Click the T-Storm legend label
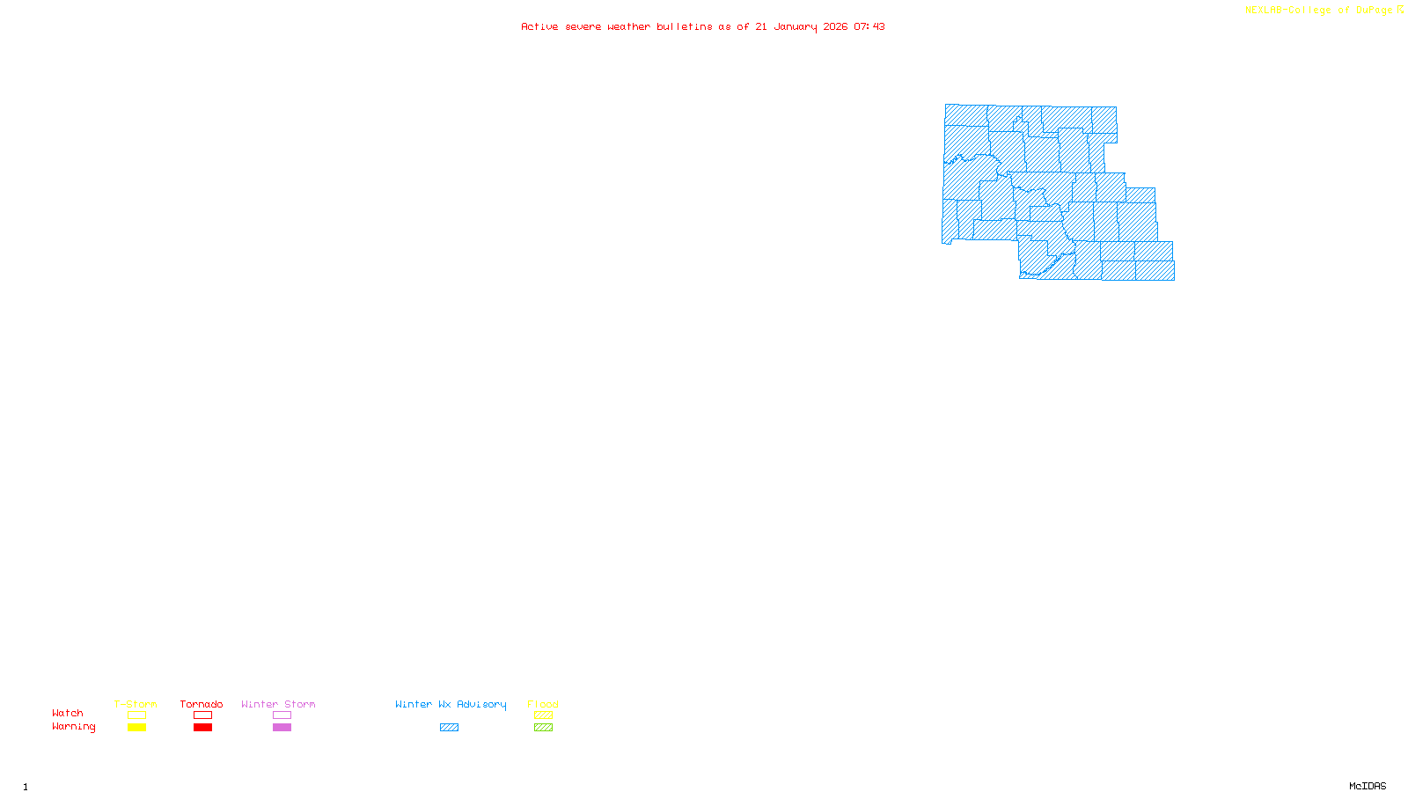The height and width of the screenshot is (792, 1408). pyautogui.click(x=136, y=704)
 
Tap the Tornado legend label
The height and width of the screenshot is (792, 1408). pyautogui.click(x=202, y=704)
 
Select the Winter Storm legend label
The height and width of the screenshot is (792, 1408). pyautogui.click(x=278, y=704)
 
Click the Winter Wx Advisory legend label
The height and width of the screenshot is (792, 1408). pyautogui.click(x=451, y=704)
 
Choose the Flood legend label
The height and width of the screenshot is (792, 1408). pyautogui.click(x=543, y=704)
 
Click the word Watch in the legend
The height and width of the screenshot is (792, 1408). pyautogui.click(x=68, y=713)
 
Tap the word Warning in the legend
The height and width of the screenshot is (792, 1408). pyautogui.click(x=73, y=727)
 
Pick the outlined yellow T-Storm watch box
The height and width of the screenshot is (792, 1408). pyautogui.click(x=136, y=715)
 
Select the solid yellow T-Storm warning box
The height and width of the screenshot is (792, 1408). pyautogui.click(x=136, y=728)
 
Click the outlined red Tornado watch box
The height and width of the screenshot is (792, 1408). pyautogui.click(x=202, y=715)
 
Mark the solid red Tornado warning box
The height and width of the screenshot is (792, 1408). pyautogui.click(x=202, y=728)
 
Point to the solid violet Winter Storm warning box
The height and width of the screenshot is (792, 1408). pyautogui.click(x=282, y=728)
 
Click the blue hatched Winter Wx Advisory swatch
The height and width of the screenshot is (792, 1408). pyautogui.click(x=449, y=728)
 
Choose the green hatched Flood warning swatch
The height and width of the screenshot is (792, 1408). pyautogui.click(x=543, y=728)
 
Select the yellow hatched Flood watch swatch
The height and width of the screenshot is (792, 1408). pyautogui.click(x=543, y=715)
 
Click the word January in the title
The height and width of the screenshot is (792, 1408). pyautogui.click(x=795, y=26)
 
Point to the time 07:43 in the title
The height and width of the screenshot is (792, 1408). pyautogui.click(x=869, y=26)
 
